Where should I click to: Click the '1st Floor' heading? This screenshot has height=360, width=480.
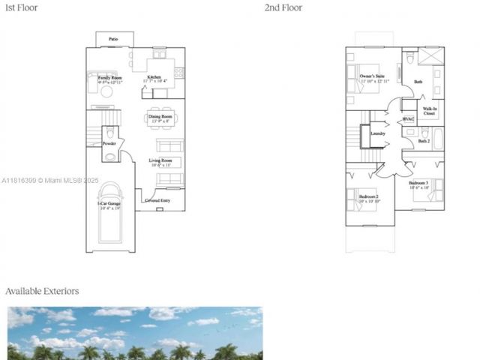(20, 7)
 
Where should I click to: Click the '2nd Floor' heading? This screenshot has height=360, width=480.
(283, 7)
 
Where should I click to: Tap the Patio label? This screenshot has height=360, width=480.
(113, 37)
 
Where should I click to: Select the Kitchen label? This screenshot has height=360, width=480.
(154, 77)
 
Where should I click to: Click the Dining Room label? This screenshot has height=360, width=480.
(161, 117)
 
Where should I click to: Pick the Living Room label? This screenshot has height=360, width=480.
(160, 161)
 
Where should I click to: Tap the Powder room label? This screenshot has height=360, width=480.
(109, 143)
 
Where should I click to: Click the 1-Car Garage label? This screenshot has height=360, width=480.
(109, 205)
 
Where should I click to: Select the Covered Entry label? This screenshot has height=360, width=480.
(157, 200)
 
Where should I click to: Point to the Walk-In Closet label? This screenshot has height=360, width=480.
(429, 111)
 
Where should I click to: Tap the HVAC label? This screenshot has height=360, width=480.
(409, 119)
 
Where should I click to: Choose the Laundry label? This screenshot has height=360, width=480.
(378, 134)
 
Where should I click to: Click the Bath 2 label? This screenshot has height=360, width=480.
(424, 141)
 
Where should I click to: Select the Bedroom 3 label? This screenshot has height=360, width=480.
(418, 184)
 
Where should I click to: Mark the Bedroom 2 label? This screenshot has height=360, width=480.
(368, 197)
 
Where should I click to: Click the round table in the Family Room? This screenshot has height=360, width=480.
(107, 91)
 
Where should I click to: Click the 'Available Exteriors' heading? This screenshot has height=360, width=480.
(42, 291)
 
